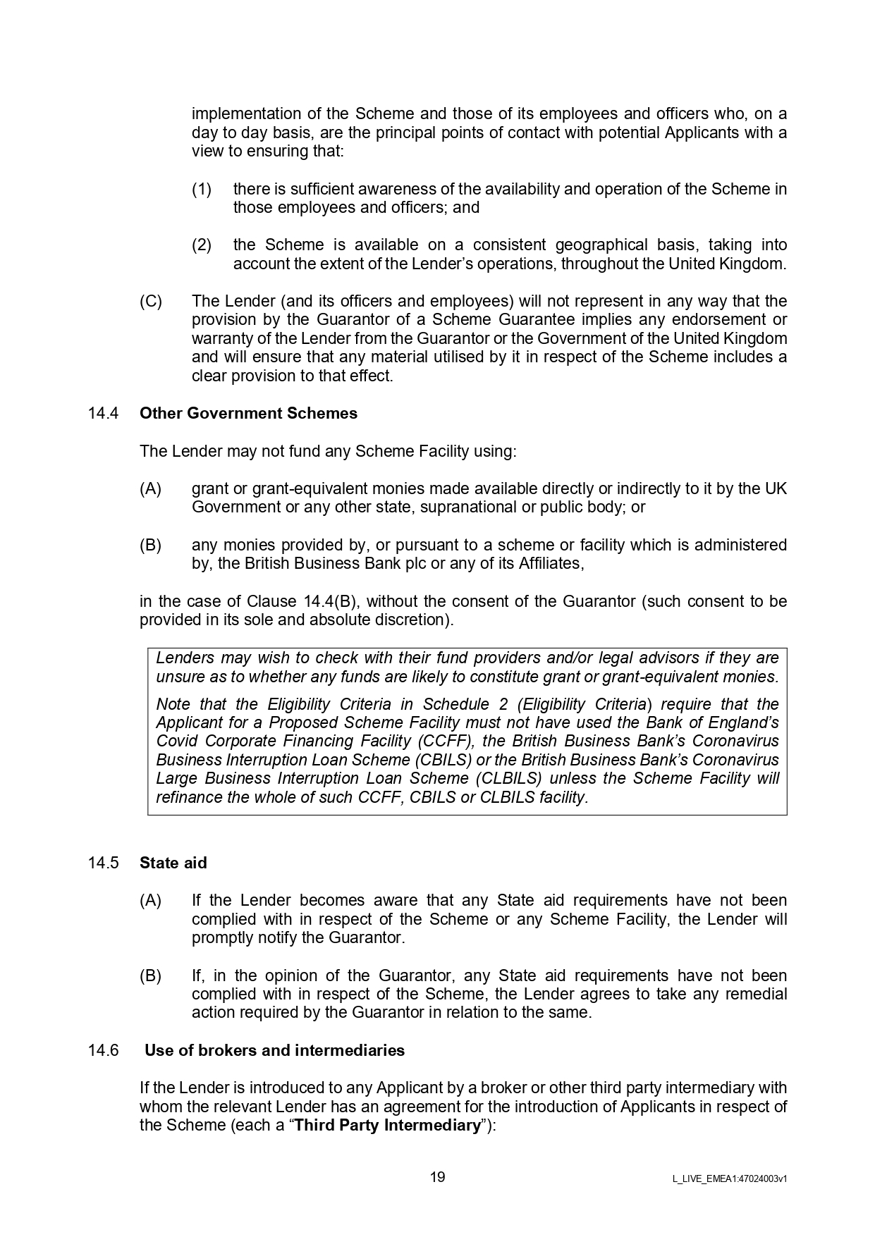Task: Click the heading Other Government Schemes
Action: (248, 413)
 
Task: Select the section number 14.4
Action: (103, 413)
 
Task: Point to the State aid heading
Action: (173, 863)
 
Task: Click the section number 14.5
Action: (103, 863)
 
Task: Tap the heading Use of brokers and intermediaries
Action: (275, 1050)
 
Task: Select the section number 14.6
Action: (103, 1050)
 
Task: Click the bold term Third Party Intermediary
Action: (387, 1125)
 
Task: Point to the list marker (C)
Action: (150, 302)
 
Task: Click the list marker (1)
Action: (202, 189)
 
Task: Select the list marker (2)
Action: (202, 245)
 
